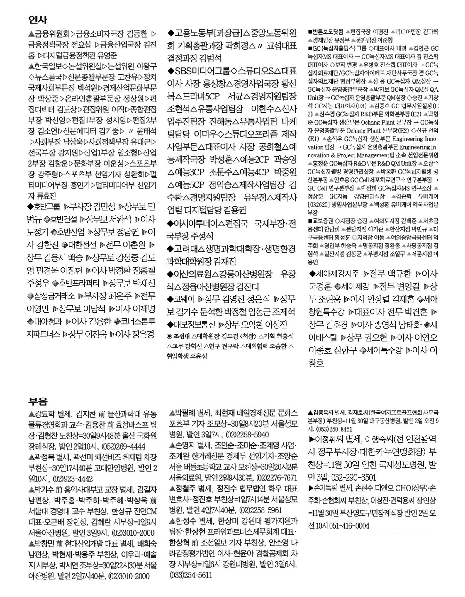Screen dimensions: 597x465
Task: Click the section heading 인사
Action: coord(38,20)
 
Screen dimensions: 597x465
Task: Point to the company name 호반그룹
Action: coord(47,207)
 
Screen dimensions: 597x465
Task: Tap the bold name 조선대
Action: coord(182,336)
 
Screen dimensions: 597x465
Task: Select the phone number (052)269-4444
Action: coord(123,447)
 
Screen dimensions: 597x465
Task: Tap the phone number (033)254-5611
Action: coord(191,575)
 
